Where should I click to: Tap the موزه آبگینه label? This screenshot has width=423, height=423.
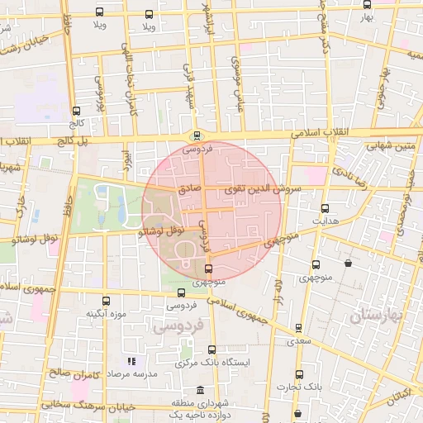tap(104, 315)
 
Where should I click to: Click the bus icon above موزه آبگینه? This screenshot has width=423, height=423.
tap(105, 301)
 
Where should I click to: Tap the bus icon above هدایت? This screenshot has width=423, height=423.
tap(324, 208)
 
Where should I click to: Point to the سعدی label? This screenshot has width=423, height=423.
tap(299, 340)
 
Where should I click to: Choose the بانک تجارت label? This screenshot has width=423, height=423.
tap(299, 386)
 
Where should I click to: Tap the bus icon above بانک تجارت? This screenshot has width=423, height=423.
tap(299, 373)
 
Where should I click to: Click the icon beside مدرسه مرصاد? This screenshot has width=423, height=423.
tap(131, 361)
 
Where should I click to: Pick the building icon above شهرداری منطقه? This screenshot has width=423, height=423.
tap(199, 390)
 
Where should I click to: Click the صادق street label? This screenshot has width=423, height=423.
tap(189, 189)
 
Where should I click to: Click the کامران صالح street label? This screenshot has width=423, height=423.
tap(74, 374)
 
